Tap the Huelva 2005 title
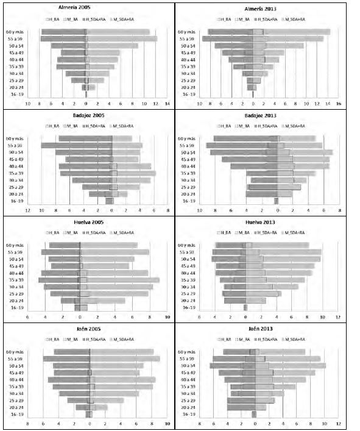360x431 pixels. coord(86,221)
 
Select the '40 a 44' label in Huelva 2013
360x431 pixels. coord(186,272)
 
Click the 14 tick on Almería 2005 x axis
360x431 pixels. coord(167,104)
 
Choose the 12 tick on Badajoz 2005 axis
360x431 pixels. coord(28,211)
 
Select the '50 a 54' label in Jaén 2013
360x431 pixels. coord(186,366)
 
